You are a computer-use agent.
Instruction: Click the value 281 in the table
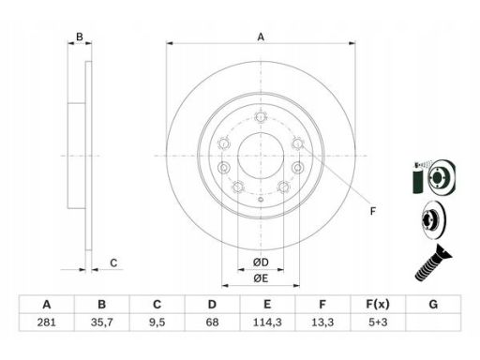coord(46,322)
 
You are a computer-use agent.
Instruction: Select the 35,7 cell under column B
coord(101,322)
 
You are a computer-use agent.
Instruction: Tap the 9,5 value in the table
coord(157,322)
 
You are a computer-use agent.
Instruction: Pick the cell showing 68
coord(212,322)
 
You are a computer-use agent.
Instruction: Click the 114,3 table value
coord(267,322)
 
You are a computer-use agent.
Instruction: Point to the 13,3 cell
coord(322,322)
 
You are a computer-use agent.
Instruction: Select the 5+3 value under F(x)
coord(378,322)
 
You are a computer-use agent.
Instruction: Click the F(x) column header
coord(378,304)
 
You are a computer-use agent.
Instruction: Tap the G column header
coord(433,304)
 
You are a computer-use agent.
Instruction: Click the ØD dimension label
coord(261,262)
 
